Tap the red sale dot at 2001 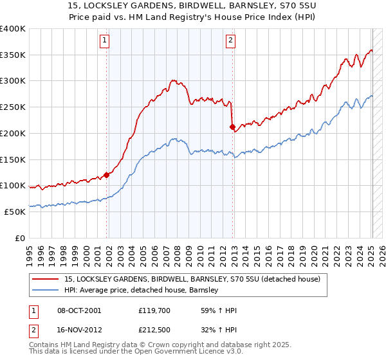106,174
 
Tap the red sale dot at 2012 232,127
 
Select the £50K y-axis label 15,212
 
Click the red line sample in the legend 46,279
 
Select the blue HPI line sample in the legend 46,290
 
